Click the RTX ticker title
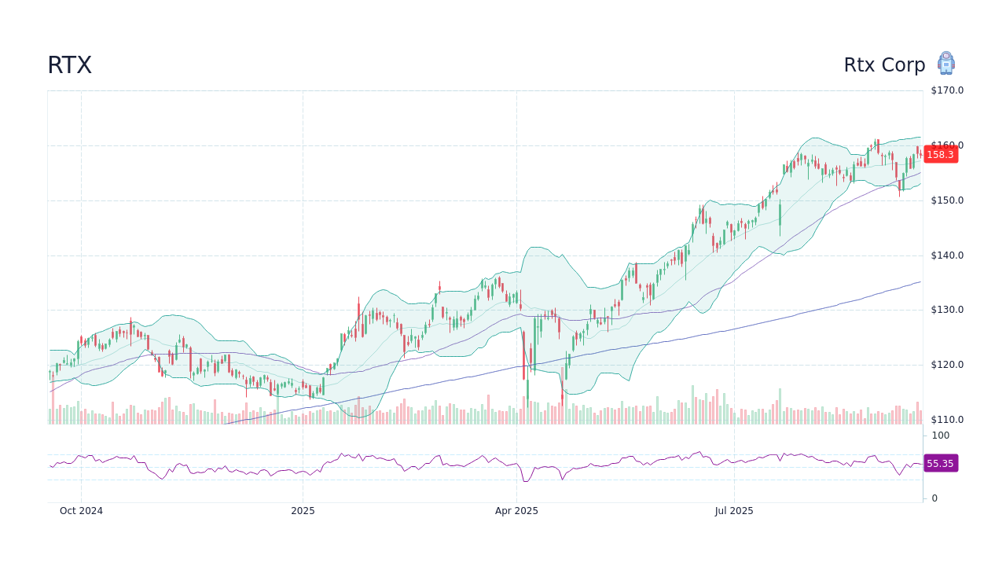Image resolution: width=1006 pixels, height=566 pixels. tap(69, 65)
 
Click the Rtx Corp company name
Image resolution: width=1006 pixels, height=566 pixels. tap(884, 65)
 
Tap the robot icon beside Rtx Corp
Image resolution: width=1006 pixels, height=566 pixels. tap(945, 63)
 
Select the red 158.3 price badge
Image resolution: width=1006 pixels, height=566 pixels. tap(940, 154)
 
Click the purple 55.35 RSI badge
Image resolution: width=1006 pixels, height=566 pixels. tap(940, 464)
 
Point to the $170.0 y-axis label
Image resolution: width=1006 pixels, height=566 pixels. tap(947, 90)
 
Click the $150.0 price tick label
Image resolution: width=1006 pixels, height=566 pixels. tap(947, 200)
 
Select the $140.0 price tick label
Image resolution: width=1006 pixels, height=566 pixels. tap(947, 255)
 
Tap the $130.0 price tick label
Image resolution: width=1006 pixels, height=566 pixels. tap(947, 310)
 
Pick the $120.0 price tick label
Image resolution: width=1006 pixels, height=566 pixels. tap(947, 365)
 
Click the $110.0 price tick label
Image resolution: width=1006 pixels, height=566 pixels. tap(947, 420)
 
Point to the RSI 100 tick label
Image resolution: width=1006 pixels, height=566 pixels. tap(941, 436)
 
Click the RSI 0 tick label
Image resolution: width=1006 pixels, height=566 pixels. tap(934, 498)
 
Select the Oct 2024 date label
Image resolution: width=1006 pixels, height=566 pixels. tap(81, 511)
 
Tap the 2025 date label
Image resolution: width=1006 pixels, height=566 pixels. tap(303, 511)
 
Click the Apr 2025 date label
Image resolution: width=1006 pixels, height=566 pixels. tap(516, 511)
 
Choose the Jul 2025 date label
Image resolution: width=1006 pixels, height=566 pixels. tap(734, 511)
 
